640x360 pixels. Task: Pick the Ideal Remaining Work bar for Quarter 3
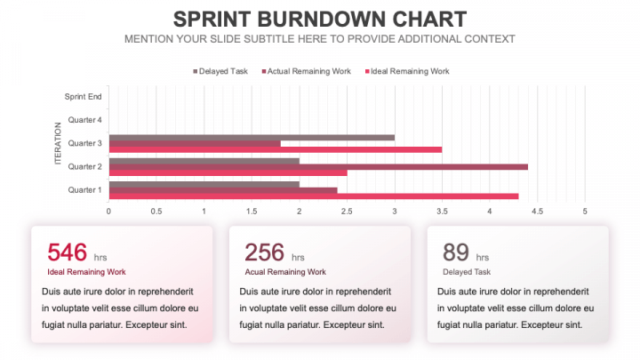tap(275, 149)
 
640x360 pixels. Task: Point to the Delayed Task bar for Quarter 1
tap(204, 184)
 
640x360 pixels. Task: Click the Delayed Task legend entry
tap(220, 71)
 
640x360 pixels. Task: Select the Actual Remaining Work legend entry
tap(308, 71)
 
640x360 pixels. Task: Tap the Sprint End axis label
tap(83, 96)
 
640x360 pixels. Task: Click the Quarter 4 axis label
tap(84, 119)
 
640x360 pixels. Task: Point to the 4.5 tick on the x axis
tap(537, 212)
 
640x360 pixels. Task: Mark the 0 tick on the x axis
tap(108, 212)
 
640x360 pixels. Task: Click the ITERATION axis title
tap(59, 143)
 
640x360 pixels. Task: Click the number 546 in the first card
tap(66, 253)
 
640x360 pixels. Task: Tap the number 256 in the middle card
tap(264, 253)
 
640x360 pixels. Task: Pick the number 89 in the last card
tap(456, 253)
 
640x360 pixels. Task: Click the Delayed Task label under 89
tap(467, 272)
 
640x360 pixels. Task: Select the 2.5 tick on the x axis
tap(347, 212)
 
